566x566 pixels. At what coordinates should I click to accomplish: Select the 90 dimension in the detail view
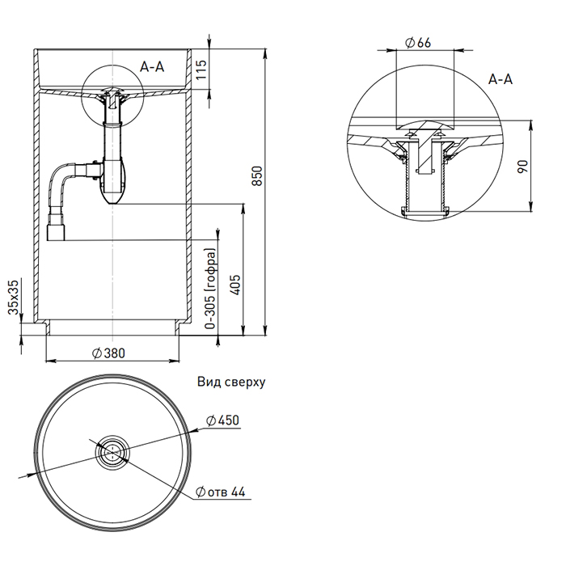(522, 167)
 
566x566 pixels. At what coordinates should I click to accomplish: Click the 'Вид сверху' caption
(230, 381)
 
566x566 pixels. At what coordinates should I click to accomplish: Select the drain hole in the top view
(111, 450)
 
